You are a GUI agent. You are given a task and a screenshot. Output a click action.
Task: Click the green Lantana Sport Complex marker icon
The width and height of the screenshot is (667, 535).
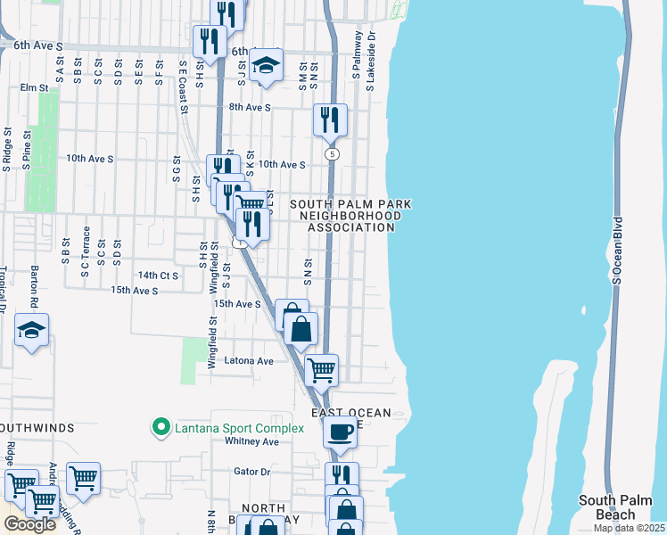(161, 429)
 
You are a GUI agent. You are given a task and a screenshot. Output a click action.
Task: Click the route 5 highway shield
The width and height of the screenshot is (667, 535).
(332, 154)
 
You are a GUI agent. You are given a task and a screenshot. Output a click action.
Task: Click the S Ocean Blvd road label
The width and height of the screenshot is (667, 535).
(616, 250)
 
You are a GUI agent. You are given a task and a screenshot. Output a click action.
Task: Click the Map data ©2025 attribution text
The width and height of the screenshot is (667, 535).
(629, 528)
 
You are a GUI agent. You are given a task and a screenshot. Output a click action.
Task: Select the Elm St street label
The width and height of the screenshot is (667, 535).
(34, 87)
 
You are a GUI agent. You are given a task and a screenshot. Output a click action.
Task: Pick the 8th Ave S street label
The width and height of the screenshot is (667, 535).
(249, 107)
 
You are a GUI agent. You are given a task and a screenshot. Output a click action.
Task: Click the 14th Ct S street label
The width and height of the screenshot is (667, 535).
(157, 276)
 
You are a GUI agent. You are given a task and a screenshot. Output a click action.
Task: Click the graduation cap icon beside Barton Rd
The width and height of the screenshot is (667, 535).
(32, 330)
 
